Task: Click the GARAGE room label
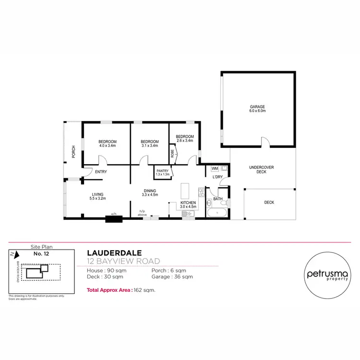pos(257,107)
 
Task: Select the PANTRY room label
pos(162,170)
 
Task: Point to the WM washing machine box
pos(215,168)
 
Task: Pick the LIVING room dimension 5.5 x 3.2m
pos(98,198)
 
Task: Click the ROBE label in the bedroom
pos(172,155)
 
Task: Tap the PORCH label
pos(73,152)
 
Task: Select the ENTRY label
pos(101,172)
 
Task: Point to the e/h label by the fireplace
pos(114,214)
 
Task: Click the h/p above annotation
pos(143,213)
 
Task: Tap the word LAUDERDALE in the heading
pos(111,252)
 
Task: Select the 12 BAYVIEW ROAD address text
pos(123,261)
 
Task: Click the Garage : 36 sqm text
pos(172,276)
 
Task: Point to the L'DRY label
pos(217,177)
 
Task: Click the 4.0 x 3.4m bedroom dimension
pos(108,145)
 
